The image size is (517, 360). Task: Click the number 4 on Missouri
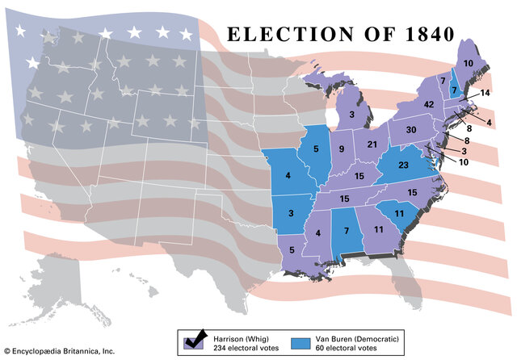(287, 174)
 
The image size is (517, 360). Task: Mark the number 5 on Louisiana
(292, 250)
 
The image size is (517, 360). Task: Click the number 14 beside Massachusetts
(485, 94)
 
